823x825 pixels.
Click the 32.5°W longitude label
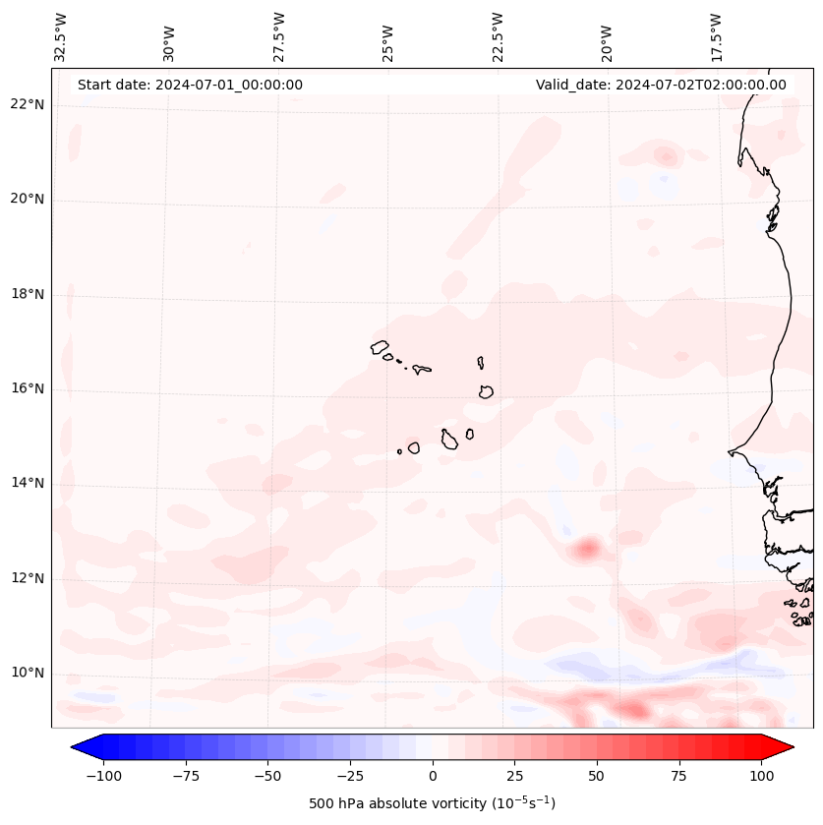tap(61, 36)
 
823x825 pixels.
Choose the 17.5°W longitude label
tap(717, 36)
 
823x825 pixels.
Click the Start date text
tap(190, 85)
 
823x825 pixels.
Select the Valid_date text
tap(661, 85)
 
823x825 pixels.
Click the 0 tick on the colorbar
tap(433, 776)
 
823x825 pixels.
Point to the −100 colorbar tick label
tap(103, 776)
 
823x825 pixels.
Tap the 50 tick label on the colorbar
tap(596, 776)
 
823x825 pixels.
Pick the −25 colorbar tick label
tap(349, 776)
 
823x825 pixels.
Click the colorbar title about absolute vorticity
tap(433, 803)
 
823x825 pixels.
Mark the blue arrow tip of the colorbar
tap(75, 747)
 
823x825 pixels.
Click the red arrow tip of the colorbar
tap(791, 747)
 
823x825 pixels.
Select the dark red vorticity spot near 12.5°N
tap(588, 548)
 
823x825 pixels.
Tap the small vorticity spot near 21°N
tap(667, 155)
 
